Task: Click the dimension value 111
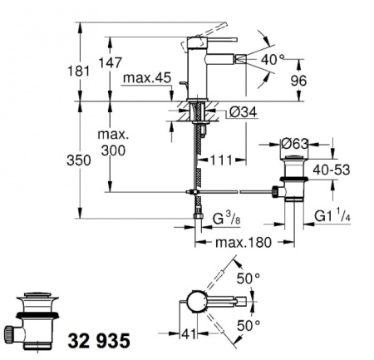pyautogui.click(x=219, y=159)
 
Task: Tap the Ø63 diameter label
pyautogui.click(x=294, y=141)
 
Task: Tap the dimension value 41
pyautogui.click(x=189, y=335)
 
